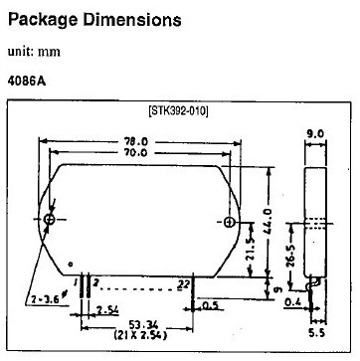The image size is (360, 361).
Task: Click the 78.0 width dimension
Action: click(x=136, y=141)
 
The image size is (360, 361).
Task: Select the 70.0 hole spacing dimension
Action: click(x=136, y=152)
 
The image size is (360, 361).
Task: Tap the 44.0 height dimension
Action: click(x=269, y=221)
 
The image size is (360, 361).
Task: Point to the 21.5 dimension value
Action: click(x=251, y=249)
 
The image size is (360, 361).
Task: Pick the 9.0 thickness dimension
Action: click(x=314, y=134)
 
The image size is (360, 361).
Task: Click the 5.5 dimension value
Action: click(x=316, y=333)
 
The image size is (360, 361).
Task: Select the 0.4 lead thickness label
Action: click(x=292, y=302)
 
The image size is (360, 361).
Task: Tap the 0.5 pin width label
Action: click(x=209, y=305)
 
